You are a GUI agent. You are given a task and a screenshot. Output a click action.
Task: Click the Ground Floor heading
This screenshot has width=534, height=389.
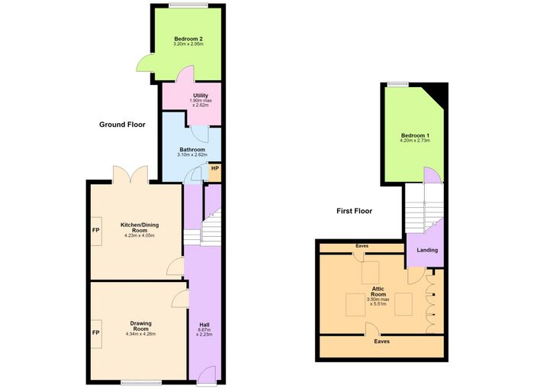tap(122, 125)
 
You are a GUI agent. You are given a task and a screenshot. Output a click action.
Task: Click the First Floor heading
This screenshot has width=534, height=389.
tap(354, 211)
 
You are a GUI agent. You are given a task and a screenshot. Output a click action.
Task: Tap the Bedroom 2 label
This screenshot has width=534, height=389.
tap(188, 39)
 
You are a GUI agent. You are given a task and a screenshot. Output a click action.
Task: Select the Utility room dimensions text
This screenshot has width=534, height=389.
tap(201, 103)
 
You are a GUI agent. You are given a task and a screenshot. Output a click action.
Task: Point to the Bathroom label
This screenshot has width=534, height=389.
tap(192, 150)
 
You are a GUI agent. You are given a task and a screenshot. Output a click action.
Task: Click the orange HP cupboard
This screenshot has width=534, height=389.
tap(214, 173)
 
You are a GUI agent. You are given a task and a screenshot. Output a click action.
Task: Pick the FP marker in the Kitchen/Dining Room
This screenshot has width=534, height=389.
tap(95, 230)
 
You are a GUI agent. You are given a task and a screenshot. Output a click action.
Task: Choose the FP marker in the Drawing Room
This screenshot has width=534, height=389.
tap(95, 332)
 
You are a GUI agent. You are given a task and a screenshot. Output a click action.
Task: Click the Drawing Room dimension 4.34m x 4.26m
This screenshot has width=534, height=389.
tap(140, 334)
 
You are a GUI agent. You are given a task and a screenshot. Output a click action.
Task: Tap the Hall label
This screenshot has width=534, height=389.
tap(204, 325)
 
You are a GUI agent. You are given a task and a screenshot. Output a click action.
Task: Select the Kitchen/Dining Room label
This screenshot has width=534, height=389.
tap(140, 228)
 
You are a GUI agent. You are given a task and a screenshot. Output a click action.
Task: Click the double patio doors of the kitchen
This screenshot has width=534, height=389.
tap(130, 175)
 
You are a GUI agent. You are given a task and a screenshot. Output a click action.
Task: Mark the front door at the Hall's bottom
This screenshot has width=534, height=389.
tap(207, 375)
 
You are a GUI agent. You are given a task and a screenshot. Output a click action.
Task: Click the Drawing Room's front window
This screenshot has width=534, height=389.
tap(141, 383)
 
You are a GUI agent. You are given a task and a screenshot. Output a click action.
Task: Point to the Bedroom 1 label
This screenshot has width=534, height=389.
tap(415, 135)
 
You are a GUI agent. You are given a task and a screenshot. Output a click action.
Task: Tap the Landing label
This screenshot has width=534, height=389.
tap(427, 250)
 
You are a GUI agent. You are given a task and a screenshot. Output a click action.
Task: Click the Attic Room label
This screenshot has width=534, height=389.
tap(378, 292)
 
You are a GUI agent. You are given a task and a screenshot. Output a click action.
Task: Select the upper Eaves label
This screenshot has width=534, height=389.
tap(362, 246)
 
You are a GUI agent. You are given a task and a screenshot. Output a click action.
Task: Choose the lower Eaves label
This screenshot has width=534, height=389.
tap(381, 342)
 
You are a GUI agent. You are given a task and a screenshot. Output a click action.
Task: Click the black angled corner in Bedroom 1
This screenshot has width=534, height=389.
tap(437, 94)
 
